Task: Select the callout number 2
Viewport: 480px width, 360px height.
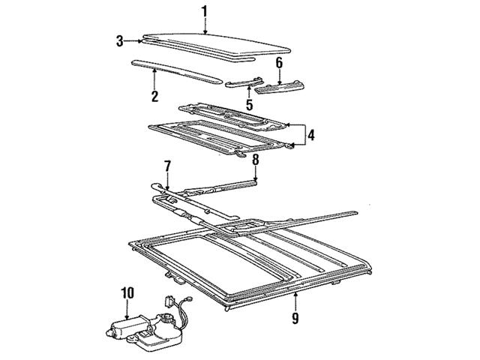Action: click(154, 95)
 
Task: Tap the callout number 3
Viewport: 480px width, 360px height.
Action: click(119, 40)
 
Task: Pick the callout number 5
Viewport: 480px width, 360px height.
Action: click(248, 106)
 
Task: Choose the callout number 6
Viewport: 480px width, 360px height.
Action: click(278, 64)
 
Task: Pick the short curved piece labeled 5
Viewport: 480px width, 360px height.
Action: click(244, 82)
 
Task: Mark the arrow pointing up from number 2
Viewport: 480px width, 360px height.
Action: click(154, 73)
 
